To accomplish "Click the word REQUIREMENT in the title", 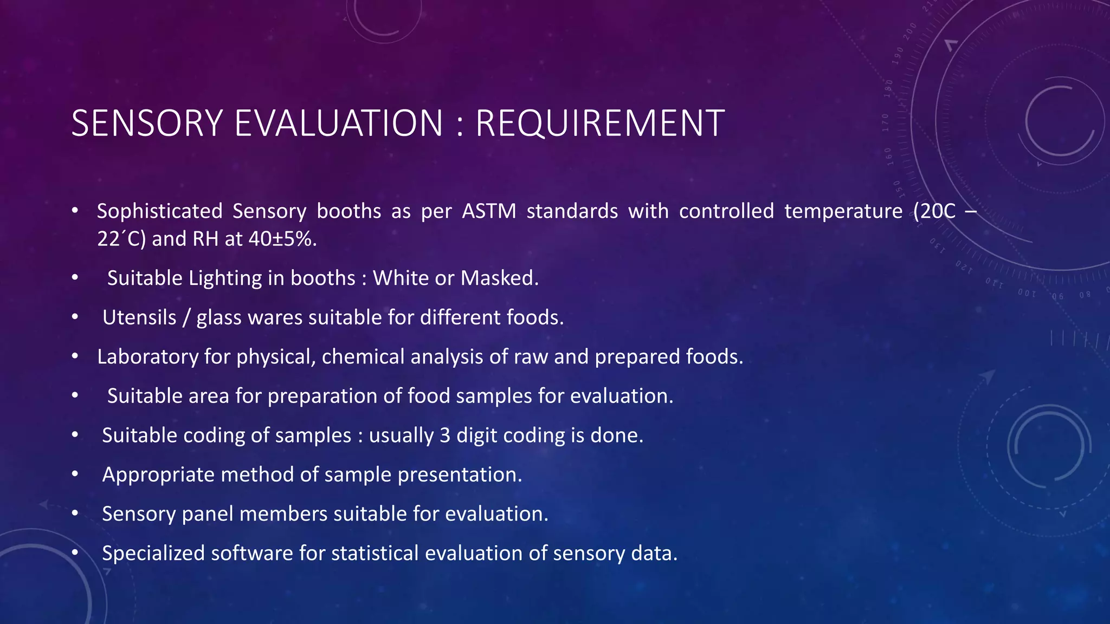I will [x=599, y=123].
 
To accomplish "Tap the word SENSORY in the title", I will [x=147, y=123].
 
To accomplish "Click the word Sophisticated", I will [x=159, y=211].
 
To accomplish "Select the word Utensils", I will [x=139, y=317].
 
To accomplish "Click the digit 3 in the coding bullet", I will [x=445, y=435].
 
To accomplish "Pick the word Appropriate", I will [x=156, y=475].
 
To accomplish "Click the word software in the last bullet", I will [x=252, y=554].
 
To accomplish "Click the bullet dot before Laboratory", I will [x=75, y=356].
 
